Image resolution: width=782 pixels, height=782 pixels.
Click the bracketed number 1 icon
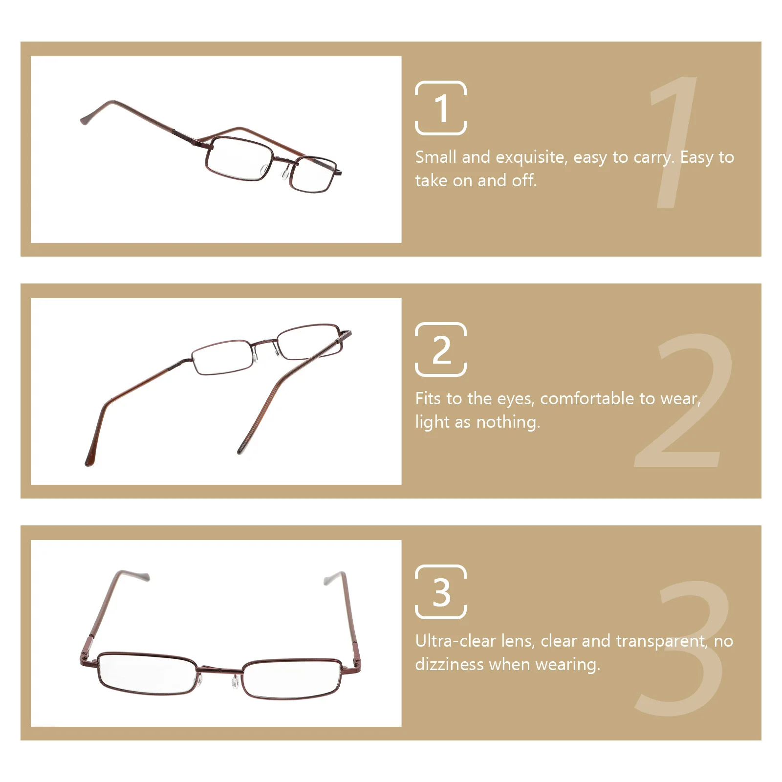(440, 108)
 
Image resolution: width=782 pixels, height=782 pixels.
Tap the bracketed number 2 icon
(440, 349)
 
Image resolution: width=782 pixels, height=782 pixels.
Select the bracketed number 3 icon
(440, 591)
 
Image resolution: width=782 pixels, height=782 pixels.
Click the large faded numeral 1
(674, 142)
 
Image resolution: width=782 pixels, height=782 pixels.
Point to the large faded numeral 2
(684, 401)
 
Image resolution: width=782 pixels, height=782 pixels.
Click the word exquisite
(531, 157)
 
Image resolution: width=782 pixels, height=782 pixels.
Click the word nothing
(508, 422)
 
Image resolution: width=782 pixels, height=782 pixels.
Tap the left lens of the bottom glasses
(147, 672)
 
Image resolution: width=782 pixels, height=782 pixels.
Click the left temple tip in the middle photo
(89, 459)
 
